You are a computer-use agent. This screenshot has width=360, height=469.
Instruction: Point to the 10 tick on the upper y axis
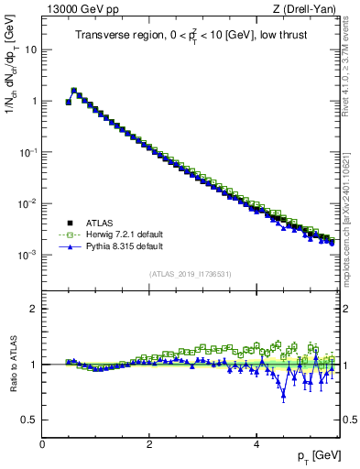[x=29, y=49]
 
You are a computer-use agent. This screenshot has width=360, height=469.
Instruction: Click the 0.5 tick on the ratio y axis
[x=27, y=420]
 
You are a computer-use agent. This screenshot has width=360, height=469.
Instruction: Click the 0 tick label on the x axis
[x=42, y=442]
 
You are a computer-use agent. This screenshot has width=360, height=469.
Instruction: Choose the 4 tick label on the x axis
[x=256, y=442]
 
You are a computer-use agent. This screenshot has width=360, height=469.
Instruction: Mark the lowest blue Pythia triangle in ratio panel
[x=284, y=397]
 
